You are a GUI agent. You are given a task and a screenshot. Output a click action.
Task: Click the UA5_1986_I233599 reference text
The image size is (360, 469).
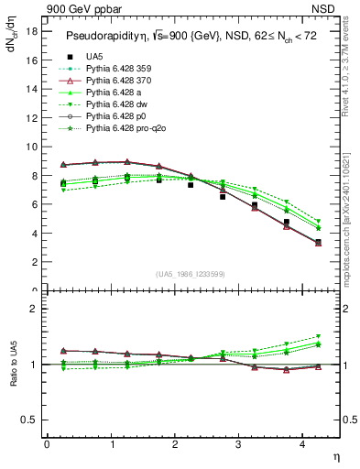point(193,274)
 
